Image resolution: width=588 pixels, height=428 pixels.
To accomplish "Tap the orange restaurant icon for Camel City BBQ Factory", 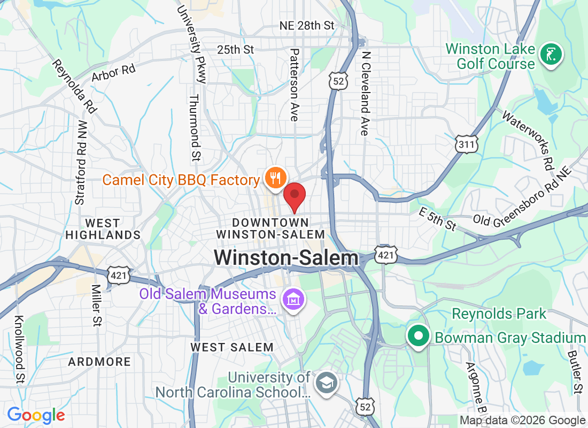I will tap(276, 178).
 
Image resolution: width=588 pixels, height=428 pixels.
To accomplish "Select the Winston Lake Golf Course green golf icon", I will tap(551, 55).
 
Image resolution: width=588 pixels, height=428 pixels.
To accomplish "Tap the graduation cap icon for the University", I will tap(326, 383).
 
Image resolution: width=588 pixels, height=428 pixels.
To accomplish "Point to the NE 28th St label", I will tap(307, 26).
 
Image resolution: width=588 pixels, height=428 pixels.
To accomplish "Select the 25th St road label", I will tap(235, 50).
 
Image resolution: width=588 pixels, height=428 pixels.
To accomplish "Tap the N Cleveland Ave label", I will tap(365, 94).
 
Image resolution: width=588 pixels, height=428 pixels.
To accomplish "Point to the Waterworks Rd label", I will tap(527, 139).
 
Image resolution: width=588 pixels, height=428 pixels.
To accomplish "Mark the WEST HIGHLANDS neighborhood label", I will tap(103, 229).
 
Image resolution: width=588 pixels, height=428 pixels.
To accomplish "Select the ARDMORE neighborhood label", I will tap(99, 362).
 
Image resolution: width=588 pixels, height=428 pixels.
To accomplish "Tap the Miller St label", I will tap(97, 305).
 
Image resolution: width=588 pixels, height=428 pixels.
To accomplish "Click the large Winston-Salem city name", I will tap(286, 258).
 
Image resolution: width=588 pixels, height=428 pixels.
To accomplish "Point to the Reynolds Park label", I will tap(499, 314).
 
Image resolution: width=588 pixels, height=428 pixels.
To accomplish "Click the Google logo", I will tap(36, 415).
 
